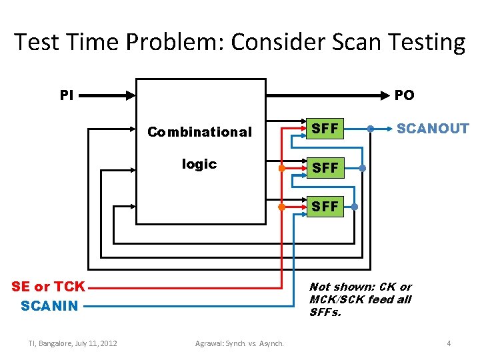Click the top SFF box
click(325, 129)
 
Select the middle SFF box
click(325, 168)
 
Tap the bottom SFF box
click(325, 207)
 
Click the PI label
click(67, 95)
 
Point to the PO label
click(404, 95)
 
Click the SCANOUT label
click(433, 129)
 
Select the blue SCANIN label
click(49, 306)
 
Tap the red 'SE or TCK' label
click(49, 287)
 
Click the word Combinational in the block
click(199, 132)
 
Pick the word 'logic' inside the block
click(199, 164)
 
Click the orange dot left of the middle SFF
click(282, 168)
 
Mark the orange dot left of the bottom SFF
click(282, 207)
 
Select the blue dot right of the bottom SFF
click(355, 207)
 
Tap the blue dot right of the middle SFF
click(362, 168)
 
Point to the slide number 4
click(449, 343)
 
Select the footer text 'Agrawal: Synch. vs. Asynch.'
click(239, 343)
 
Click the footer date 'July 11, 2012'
click(95, 343)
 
